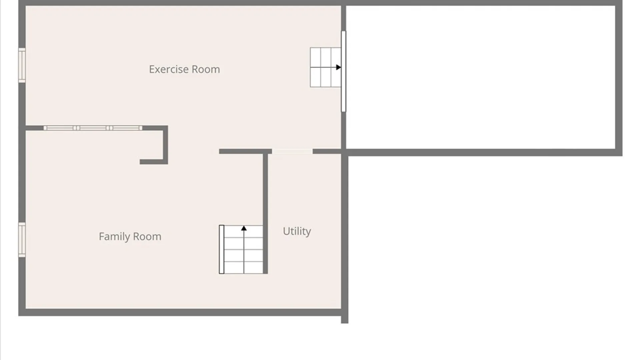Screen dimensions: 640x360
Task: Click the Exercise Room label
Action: click(184, 69)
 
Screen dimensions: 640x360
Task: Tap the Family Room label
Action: click(130, 237)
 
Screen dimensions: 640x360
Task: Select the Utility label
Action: click(297, 231)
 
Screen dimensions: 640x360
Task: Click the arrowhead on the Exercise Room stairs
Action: click(339, 67)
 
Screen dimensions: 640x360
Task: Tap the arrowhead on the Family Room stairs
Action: click(244, 228)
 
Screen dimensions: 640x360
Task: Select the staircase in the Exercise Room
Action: click(325, 67)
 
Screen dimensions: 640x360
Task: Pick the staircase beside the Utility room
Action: click(241, 249)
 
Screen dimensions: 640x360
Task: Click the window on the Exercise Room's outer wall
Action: click(22, 65)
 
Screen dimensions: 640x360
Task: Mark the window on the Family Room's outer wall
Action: click(22, 240)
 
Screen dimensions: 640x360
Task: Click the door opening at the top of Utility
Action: click(292, 152)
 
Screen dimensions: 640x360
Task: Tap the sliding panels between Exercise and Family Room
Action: click(93, 128)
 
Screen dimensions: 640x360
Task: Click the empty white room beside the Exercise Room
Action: click(480, 77)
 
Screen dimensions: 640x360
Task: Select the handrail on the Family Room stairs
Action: click(221, 249)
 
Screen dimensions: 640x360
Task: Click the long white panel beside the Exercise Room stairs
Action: click(343, 71)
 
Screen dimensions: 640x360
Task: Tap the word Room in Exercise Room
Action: click(206, 69)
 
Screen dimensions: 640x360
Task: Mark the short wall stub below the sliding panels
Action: click(153, 162)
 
